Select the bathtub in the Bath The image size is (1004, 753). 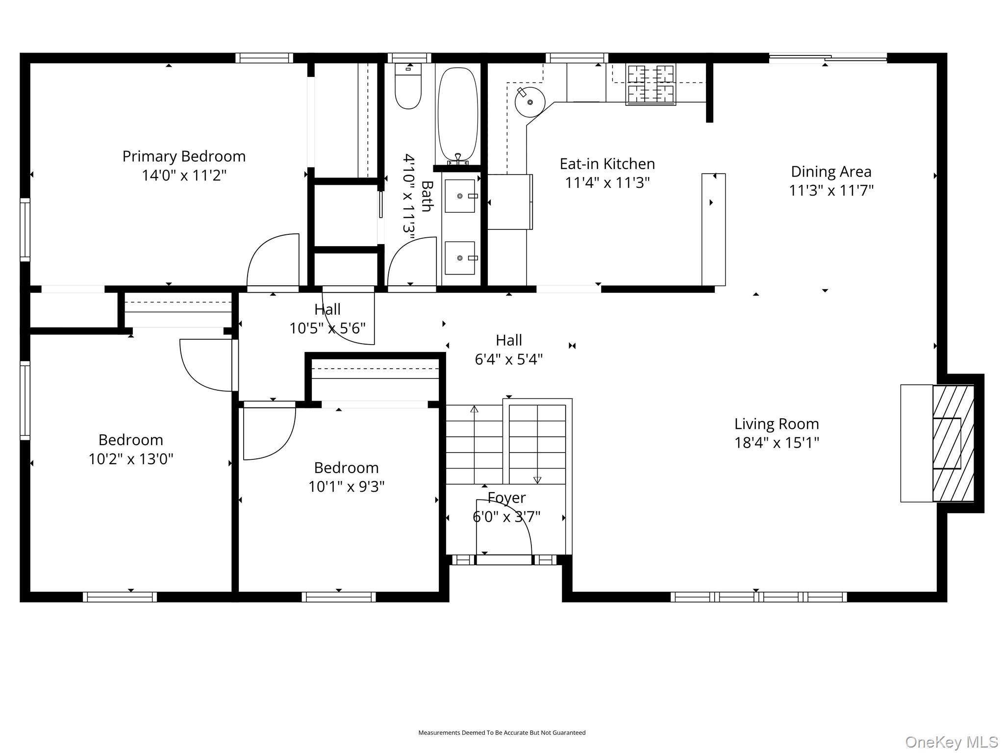457,115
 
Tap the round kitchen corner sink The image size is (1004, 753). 530,102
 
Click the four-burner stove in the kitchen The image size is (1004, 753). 651,84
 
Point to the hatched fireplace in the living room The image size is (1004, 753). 953,443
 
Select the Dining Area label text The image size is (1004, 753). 831,172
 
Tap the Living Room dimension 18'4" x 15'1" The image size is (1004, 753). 777,443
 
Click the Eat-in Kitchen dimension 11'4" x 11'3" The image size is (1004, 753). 607,183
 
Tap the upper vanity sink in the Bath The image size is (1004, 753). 460,196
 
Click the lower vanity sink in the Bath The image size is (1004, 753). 460,258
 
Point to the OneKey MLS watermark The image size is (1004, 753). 951,742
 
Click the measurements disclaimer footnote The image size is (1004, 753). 502,732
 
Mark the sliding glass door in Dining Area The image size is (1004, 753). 828,58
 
